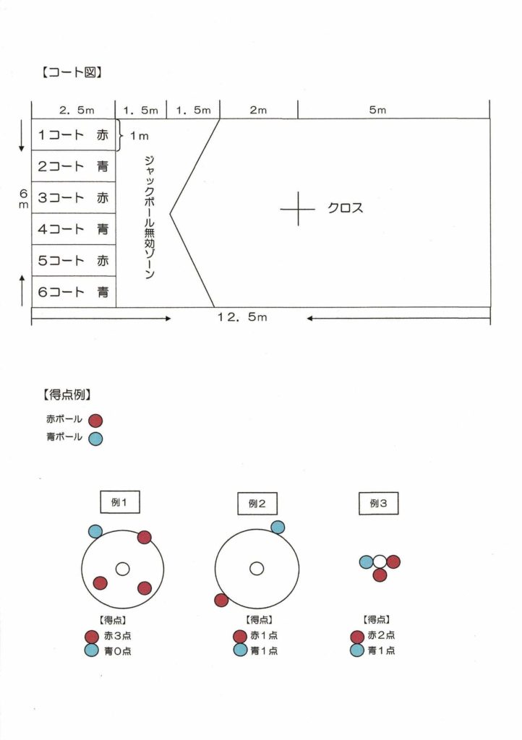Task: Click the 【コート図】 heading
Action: pos(72,72)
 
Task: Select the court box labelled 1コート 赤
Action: pos(74,135)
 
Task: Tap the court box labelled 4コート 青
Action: pos(74,229)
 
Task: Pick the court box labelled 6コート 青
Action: pos(74,292)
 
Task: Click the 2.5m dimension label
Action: pos(77,110)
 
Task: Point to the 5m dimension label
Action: pos(377,110)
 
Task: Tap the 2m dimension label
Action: pos(258,110)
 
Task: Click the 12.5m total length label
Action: pos(242,317)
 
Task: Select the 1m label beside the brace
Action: pos(140,136)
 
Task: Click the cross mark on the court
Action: pos(298,209)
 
